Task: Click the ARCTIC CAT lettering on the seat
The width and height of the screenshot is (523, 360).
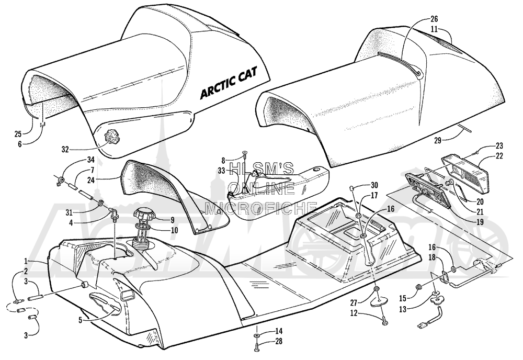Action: (x=230, y=85)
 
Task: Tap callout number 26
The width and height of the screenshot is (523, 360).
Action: (x=434, y=19)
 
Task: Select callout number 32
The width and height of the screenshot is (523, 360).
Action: (x=65, y=149)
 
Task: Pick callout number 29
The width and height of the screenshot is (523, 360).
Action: (x=437, y=141)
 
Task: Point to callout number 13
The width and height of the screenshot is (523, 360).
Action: (x=403, y=309)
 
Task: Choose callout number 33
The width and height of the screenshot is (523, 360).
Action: (x=222, y=171)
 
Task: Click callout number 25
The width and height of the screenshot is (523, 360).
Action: (x=18, y=134)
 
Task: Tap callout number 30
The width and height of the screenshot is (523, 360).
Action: (x=374, y=185)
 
